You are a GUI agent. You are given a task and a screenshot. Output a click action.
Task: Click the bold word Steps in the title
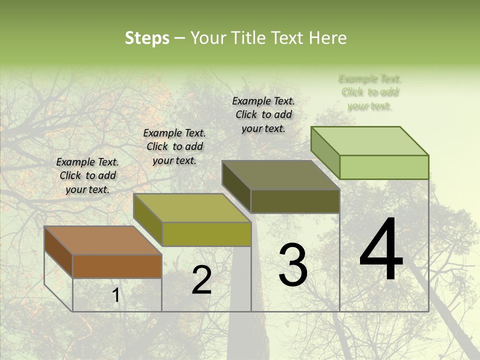pyautogui.click(x=146, y=38)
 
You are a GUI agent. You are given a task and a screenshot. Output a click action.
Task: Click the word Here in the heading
pyautogui.click(x=328, y=38)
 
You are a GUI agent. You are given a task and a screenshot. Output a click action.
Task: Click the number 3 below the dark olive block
pyautogui.click(x=293, y=264)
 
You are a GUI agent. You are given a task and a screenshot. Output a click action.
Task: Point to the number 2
pyautogui.click(x=201, y=280)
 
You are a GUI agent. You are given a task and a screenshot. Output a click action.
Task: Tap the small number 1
pyautogui.click(x=115, y=295)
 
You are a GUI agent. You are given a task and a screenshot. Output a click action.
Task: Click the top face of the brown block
pyautogui.click(x=102, y=240)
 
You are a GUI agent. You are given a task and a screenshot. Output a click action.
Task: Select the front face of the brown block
pyautogui.click(x=117, y=266)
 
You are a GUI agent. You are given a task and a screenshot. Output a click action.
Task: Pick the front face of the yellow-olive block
pyautogui.click(x=206, y=234)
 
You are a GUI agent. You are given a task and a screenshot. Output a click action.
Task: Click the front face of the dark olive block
pyautogui.click(x=295, y=201)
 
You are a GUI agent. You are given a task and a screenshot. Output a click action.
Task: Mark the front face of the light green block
pyautogui.click(x=384, y=167)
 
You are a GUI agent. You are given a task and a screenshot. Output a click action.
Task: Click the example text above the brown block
pyautogui.click(x=87, y=175)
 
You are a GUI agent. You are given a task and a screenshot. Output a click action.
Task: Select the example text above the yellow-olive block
pyautogui.click(x=174, y=146)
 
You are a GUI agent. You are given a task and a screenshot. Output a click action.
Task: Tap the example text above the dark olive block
pyautogui.click(x=263, y=114)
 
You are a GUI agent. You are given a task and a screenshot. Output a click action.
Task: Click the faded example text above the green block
pyautogui.click(x=370, y=92)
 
